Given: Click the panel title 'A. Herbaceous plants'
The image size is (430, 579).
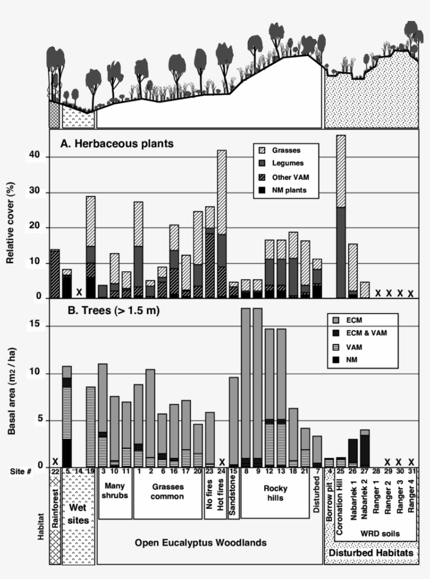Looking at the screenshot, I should [114, 143].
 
